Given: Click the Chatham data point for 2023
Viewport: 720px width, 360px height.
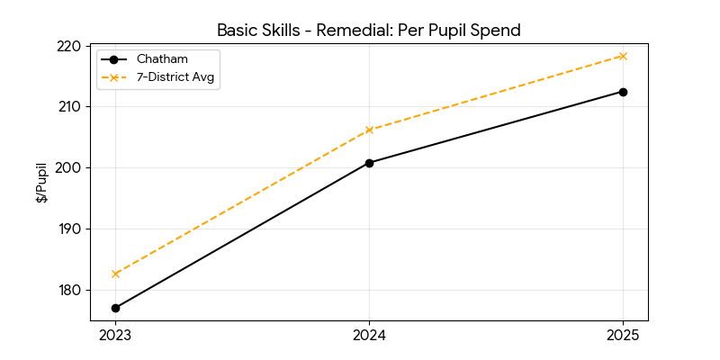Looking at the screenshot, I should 115,308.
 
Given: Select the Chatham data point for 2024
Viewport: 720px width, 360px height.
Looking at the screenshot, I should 369,163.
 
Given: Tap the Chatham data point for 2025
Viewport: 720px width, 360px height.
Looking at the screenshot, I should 623,92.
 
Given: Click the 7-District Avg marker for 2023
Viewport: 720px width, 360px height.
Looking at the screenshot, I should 115,274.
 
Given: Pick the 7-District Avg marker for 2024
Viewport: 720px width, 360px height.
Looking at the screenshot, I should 369,130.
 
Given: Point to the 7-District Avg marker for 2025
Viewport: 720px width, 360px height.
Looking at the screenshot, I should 623,56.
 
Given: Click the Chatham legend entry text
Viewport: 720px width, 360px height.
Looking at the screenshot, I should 157,59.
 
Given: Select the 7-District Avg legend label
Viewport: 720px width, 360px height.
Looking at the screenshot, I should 177,77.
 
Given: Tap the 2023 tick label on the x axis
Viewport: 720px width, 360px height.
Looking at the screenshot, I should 115,336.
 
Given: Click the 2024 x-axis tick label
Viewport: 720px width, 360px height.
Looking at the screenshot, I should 369,336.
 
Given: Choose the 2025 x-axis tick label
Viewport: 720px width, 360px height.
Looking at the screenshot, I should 623,336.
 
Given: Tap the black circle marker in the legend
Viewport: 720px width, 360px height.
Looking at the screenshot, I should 113,59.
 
